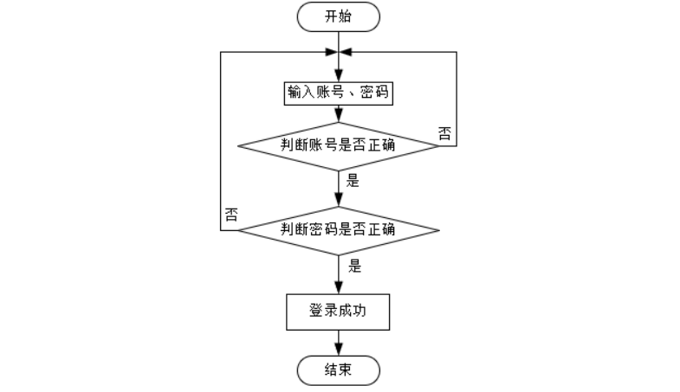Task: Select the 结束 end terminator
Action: point(339,370)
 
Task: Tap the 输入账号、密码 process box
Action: point(339,93)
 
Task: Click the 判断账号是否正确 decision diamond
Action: point(339,145)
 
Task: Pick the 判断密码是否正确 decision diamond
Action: point(339,230)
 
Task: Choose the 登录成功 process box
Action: point(339,312)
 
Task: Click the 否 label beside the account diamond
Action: point(444,132)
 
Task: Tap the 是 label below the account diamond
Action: point(353,181)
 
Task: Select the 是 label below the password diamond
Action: point(354,267)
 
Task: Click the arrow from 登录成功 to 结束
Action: point(339,343)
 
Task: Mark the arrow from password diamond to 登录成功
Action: point(339,274)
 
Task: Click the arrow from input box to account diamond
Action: point(339,113)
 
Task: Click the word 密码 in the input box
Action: point(374,93)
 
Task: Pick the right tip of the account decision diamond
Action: point(438,145)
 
